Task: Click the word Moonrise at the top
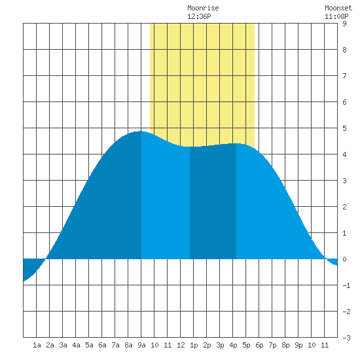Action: [x=203, y=8]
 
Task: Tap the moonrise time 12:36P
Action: [x=199, y=16]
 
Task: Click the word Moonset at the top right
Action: [x=338, y=8]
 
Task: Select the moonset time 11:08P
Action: [x=336, y=16]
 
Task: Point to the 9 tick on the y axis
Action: [x=344, y=24]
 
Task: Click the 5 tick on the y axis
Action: [x=344, y=128]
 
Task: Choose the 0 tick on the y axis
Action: [x=344, y=259]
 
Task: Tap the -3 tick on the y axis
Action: [x=346, y=338]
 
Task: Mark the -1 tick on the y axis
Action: [x=346, y=285]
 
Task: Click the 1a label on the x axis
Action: [x=37, y=345]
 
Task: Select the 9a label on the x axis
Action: [x=141, y=345]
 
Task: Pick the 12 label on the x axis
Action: [x=181, y=345]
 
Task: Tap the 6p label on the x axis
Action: [x=259, y=345]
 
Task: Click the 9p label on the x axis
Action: [x=298, y=345]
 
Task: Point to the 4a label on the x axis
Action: [x=76, y=345]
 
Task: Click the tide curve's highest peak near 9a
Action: [x=141, y=132]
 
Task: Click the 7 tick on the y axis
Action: [x=344, y=76]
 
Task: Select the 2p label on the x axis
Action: [x=207, y=345]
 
